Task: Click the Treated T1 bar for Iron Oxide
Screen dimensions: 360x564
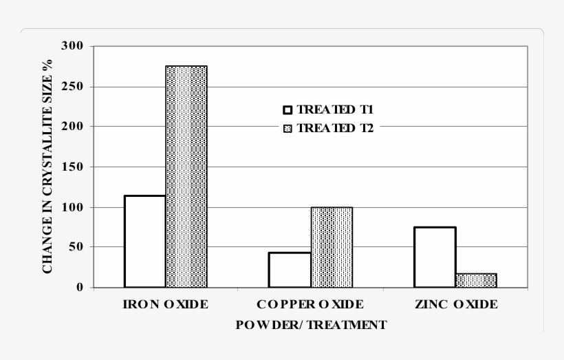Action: (x=144, y=241)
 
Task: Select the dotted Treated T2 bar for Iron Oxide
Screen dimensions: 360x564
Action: (x=186, y=176)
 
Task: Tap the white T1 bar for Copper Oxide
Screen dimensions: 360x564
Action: (x=290, y=270)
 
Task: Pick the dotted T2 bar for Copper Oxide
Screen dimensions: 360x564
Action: (x=331, y=247)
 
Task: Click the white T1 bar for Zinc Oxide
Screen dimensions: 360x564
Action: (x=434, y=257)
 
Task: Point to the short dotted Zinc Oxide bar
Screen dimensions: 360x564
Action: (x=475, y=280)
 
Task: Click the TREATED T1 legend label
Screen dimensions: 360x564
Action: (x=335, y=109)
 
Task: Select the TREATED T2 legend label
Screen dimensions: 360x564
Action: (x=335, y=128)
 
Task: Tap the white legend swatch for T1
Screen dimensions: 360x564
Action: (x=288, y=110)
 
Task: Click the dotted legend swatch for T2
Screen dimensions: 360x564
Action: (x=288, y=129)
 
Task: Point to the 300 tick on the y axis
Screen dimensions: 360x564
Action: (x=72, y=46)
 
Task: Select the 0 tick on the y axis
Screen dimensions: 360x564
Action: (x=79, y=288)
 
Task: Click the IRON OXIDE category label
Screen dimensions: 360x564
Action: (x=165, y=304)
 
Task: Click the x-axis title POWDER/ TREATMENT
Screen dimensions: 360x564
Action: (x=311, y=325)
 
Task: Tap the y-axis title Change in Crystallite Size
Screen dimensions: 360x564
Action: (x=47, y=167)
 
